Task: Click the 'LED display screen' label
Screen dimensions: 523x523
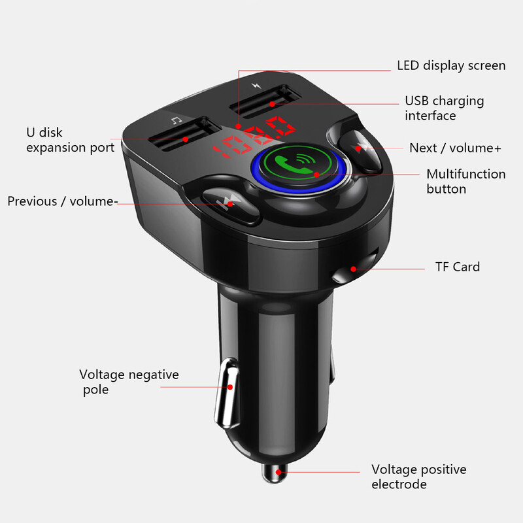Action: [x=451, y=65]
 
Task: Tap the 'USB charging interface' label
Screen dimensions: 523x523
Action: [x=445, y=108]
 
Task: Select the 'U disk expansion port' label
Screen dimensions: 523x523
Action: [x=70, y=140]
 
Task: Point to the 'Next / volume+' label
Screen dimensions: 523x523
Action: [x=455, y=148]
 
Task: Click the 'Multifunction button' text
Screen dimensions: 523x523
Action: [x=465, y=181]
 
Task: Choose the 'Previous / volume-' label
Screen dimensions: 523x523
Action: [x=63, y=201]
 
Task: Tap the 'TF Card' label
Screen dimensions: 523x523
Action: [x=458, y=267]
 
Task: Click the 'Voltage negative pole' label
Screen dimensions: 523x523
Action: [x=129, y=382]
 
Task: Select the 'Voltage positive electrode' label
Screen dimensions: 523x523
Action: [x=419, y=477]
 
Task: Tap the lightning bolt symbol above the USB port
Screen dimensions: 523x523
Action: [x=254, y=85]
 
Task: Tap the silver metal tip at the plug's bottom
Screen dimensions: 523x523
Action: [x=273, y=471]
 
